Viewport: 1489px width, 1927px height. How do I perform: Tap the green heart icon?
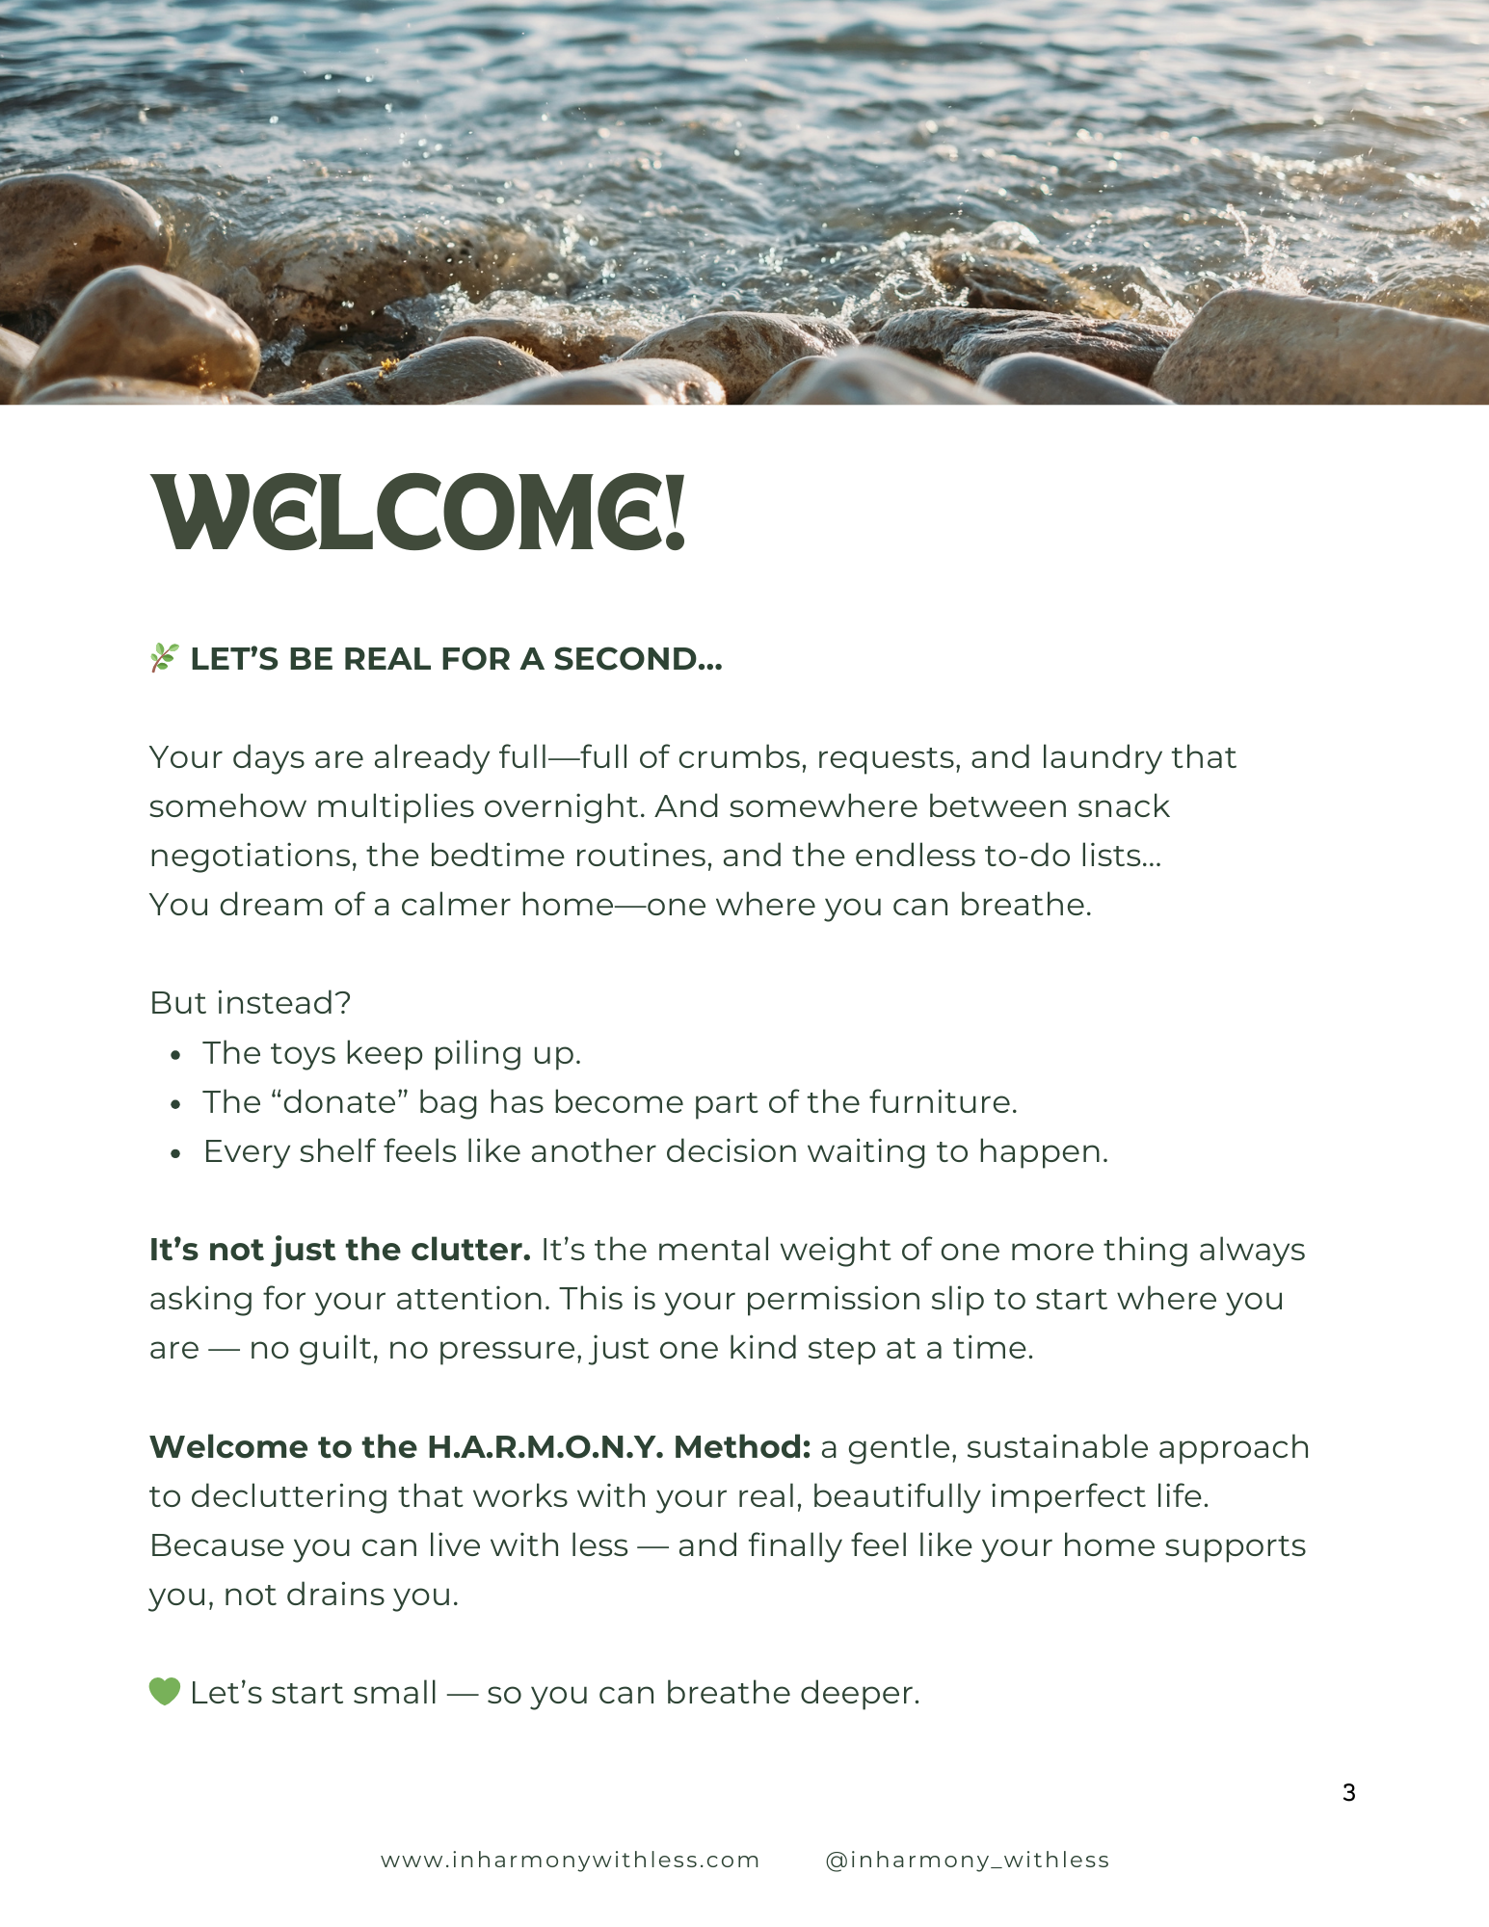[165, 1691]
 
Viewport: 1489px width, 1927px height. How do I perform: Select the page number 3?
[1348, 1792]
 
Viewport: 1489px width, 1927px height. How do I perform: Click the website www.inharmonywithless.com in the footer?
[570, 1860]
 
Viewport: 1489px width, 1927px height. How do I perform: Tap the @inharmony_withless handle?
[967, 1860]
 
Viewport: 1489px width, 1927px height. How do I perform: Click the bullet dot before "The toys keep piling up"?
[175, 1056]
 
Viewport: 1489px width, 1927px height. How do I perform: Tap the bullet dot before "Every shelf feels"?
[175, 1154]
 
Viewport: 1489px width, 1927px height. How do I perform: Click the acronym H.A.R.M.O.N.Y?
[545, 1446]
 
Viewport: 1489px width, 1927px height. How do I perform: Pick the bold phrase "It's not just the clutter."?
[339, 1250]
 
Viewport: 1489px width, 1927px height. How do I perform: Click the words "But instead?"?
[250, 1003]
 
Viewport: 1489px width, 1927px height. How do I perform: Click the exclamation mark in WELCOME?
[675, 513]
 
